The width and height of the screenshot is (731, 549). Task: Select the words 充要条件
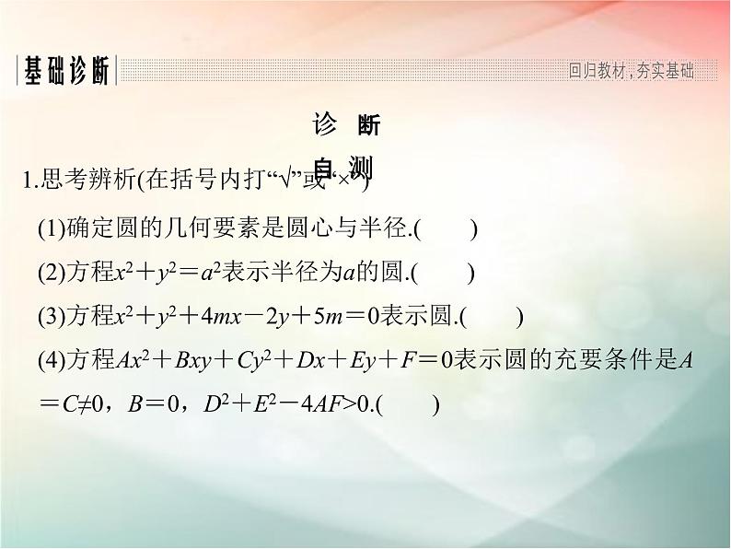613,361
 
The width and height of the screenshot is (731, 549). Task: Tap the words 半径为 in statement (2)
313,273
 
